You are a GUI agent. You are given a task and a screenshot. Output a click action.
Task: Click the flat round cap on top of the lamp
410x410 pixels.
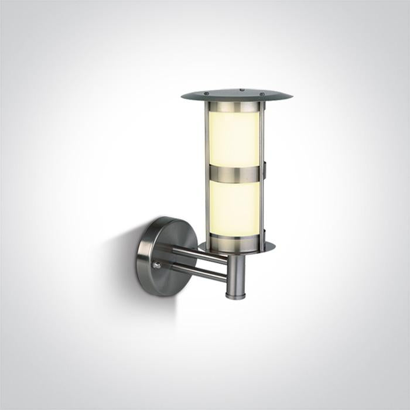234,95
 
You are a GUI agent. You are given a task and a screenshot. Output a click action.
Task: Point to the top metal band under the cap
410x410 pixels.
234,107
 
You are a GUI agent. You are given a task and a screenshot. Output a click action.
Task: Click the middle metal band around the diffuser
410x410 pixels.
234,174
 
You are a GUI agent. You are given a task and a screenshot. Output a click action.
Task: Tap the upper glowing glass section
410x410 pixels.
234,139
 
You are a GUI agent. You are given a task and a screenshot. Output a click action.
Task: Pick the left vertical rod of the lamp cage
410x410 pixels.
207,176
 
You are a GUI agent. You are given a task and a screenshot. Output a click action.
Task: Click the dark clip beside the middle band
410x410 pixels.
265,171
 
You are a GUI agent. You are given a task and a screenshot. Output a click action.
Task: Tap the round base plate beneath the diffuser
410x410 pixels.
234,247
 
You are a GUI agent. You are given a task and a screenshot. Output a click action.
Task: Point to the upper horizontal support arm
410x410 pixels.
193,254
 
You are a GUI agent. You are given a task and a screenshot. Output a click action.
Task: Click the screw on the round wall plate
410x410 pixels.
157,265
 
